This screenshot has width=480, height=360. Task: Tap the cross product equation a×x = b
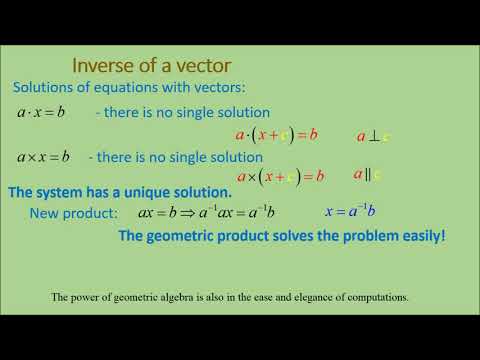pos(44,156)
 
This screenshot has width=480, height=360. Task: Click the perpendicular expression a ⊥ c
pos(373,135)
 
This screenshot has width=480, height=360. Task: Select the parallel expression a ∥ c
pos(367,175)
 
